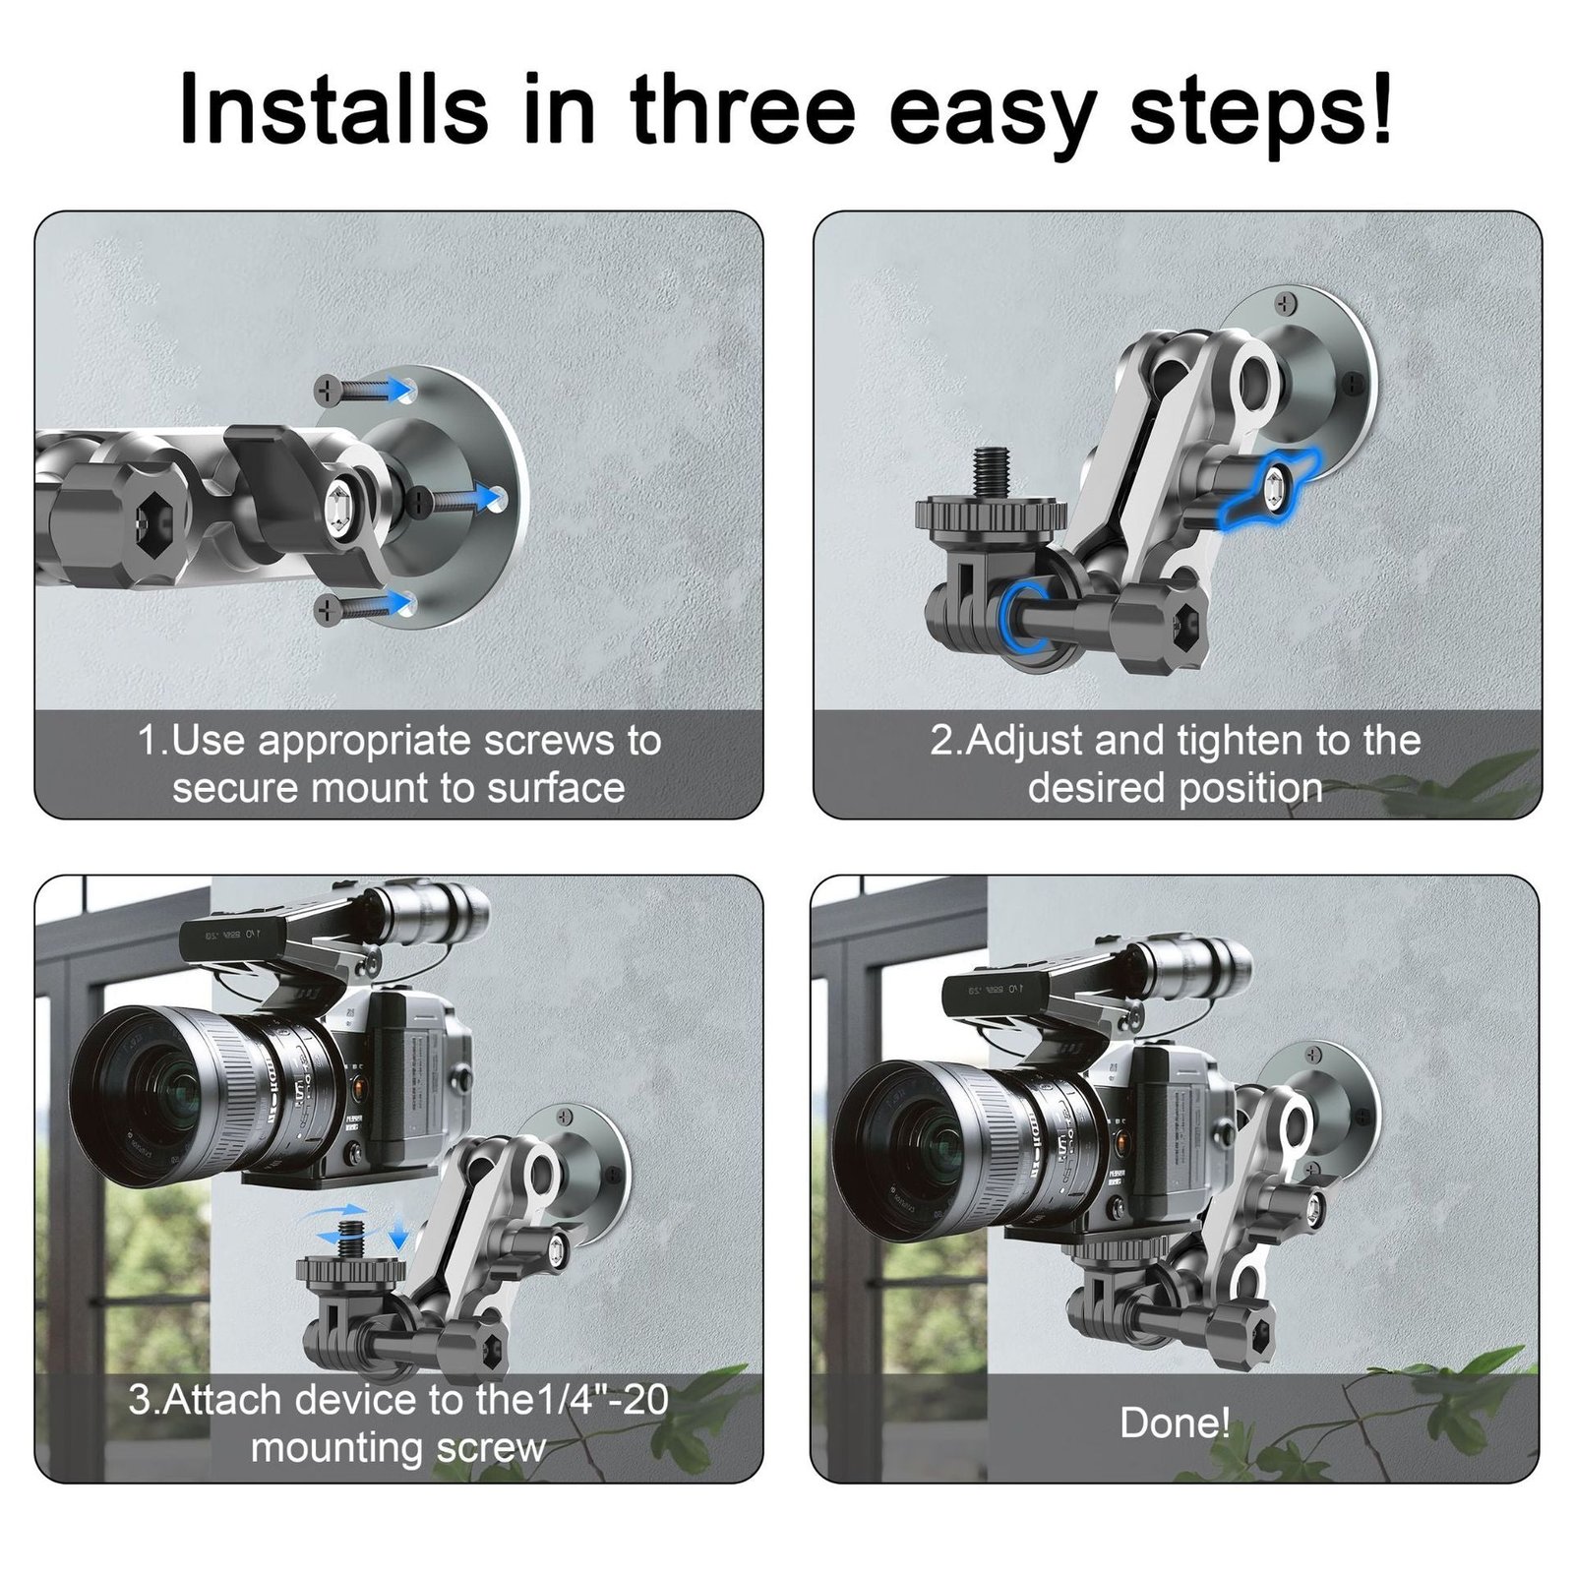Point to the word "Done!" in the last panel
pos(1175,1423)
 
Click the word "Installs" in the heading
pos(334,107)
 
